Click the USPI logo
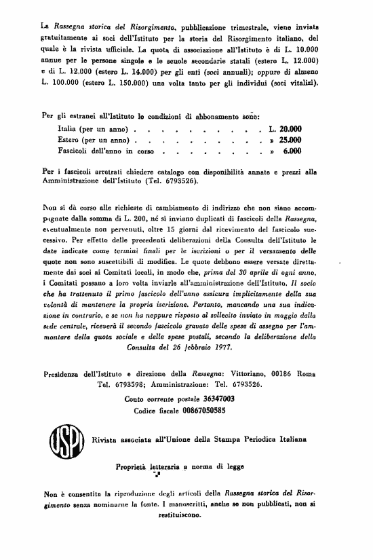coord(63,441)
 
